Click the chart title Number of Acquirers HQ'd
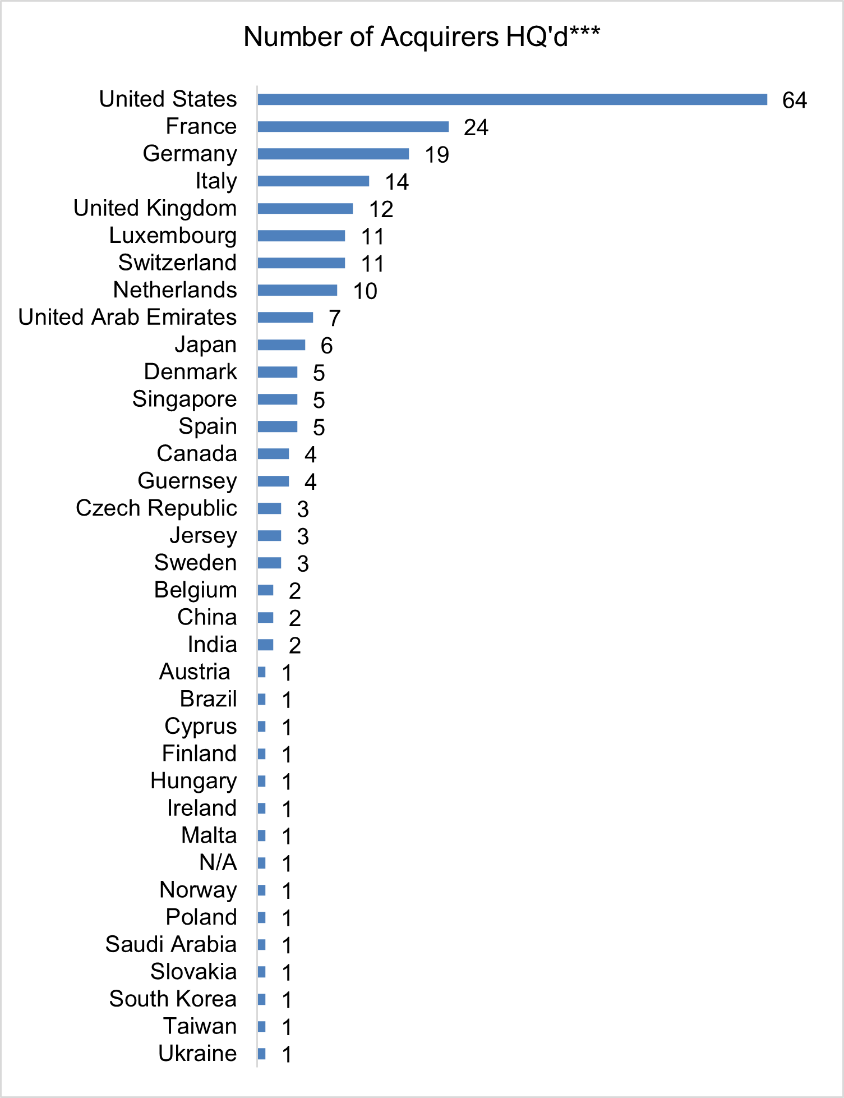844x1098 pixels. point(422,37)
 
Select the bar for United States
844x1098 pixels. point(512,99)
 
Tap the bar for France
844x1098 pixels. point(353,127)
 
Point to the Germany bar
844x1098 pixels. point(333,154)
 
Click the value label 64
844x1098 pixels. point(794,100)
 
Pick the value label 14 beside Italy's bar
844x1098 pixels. point(396,182)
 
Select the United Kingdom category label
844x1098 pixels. point(155,208)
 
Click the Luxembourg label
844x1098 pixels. point(173,236)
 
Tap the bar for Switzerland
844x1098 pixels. point(301,263)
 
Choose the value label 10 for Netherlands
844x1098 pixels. point(365,291)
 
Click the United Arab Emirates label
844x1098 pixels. point(127,318)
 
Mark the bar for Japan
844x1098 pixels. point(282,344)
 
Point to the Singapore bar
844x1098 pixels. point(278,399)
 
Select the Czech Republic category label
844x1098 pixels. point(156,508)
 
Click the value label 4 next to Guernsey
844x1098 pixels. point(310,482)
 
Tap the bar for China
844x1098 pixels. point(265,618)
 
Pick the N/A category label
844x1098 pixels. point(218,862)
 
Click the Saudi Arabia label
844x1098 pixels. point(170,944)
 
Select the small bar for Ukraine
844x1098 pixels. point(261,1054)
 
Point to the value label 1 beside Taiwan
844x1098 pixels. point(287,1027)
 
